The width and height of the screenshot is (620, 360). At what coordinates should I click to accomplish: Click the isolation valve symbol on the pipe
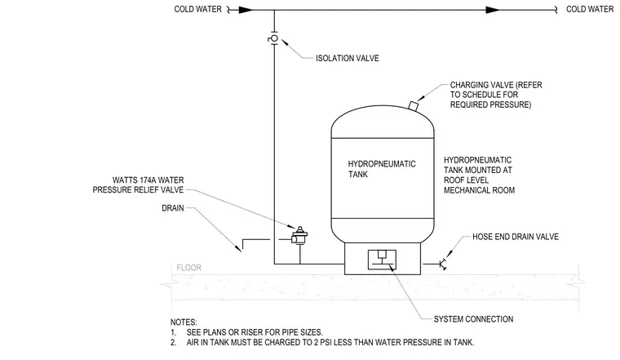click(274, 38)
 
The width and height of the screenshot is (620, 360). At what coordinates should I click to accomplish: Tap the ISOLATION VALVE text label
click(348, 58)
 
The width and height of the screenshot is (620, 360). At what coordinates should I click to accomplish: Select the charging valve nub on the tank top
click(413, 105)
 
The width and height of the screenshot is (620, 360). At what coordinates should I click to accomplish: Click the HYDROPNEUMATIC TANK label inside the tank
click(382, 169)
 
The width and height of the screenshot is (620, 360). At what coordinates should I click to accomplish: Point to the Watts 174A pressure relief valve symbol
click(299, 236)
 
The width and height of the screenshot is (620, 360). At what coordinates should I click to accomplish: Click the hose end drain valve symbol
click(442, 264)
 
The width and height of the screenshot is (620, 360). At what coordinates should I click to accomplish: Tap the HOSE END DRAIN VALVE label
click(516, 237)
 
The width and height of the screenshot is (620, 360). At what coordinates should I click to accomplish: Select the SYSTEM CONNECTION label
click(473, 319)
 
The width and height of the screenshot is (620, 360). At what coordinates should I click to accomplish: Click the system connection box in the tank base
click(382, 260)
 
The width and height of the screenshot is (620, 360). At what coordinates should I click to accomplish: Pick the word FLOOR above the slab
click(188, 268)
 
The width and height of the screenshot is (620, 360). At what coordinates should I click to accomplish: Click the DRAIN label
click(173, 207)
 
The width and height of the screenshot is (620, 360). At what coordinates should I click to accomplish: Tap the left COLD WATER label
click(197, 9)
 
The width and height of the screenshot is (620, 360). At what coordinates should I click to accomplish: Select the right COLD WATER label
click(590, 9)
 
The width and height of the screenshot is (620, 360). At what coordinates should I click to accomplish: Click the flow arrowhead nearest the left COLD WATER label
click(246, 10)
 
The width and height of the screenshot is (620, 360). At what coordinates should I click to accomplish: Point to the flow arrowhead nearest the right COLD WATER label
click(493, 10)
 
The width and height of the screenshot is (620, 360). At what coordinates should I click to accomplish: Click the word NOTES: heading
click(184, 322)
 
